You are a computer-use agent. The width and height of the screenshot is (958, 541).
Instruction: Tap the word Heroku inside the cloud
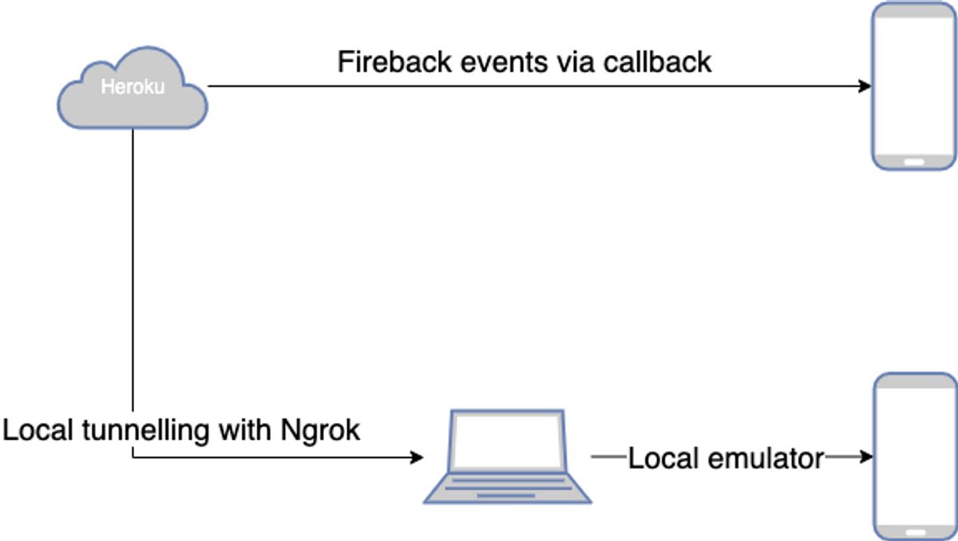click(x=133, y=86)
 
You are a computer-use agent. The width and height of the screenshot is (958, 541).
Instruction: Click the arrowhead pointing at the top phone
click(x=865, y=86)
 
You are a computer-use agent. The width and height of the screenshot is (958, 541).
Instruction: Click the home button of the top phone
click(x=914, y=161)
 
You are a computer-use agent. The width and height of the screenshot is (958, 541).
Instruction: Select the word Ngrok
click(x=321, y=431)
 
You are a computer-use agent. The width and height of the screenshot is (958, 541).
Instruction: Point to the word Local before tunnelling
click(x=38, y=431)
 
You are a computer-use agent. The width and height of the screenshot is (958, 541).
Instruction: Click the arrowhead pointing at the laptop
click(x=416, y=457)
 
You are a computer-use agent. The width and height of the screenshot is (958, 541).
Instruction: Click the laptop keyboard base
click(x=507, y=488)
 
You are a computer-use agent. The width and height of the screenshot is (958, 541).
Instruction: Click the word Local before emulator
click(x=659, y=458)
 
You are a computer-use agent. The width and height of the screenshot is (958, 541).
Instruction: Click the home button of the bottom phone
click(x=914, y=531)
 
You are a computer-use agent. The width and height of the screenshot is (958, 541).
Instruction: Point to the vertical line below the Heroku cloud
click(x=133, y=279)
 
